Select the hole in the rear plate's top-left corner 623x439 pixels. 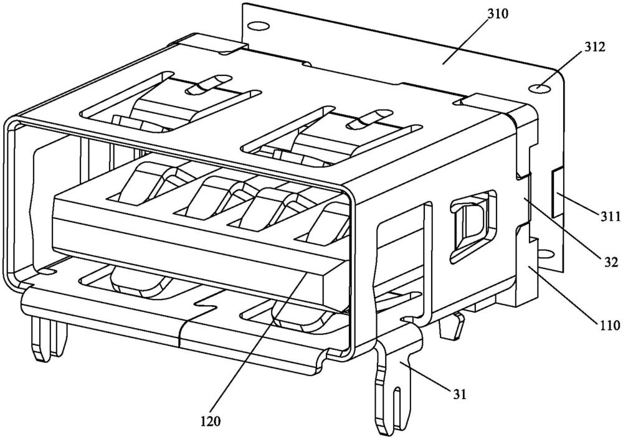[255, 27]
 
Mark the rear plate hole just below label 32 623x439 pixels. [546, 253]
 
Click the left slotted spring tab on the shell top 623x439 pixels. [206, 85]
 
